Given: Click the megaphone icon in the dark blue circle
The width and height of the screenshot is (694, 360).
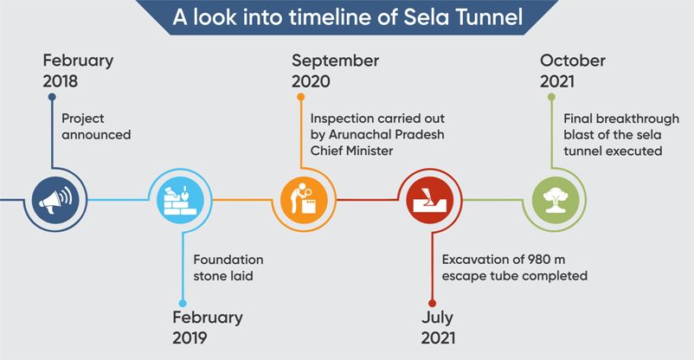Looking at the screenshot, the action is [55, 200].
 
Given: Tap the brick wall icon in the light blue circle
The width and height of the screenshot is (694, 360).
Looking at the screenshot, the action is [180, 200].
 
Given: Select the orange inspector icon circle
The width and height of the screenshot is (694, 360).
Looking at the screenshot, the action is [304, 200].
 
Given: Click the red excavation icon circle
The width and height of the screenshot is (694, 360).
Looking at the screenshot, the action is [429, 200].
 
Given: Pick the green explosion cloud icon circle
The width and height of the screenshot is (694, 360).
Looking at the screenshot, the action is [555, 200].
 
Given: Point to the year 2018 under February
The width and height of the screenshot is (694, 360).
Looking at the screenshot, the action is [61, 81].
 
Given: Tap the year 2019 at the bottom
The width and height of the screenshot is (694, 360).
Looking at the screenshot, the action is [190, 337].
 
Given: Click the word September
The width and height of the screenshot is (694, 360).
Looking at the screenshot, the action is [336, 61].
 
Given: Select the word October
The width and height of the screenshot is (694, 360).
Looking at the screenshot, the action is [573, 61].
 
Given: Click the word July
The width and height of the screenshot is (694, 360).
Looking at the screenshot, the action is [437, 318].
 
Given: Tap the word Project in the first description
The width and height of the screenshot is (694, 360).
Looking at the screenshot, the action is [83, 119].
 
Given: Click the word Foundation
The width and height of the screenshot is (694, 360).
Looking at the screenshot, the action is [228, 260].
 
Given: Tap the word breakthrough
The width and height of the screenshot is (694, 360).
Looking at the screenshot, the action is [637, 119].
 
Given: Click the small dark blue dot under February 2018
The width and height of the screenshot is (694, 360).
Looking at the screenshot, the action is [52, 97].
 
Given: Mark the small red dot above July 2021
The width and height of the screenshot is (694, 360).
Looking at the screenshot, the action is [432, 304].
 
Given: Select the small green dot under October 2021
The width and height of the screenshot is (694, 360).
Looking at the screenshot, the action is [551, 97].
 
